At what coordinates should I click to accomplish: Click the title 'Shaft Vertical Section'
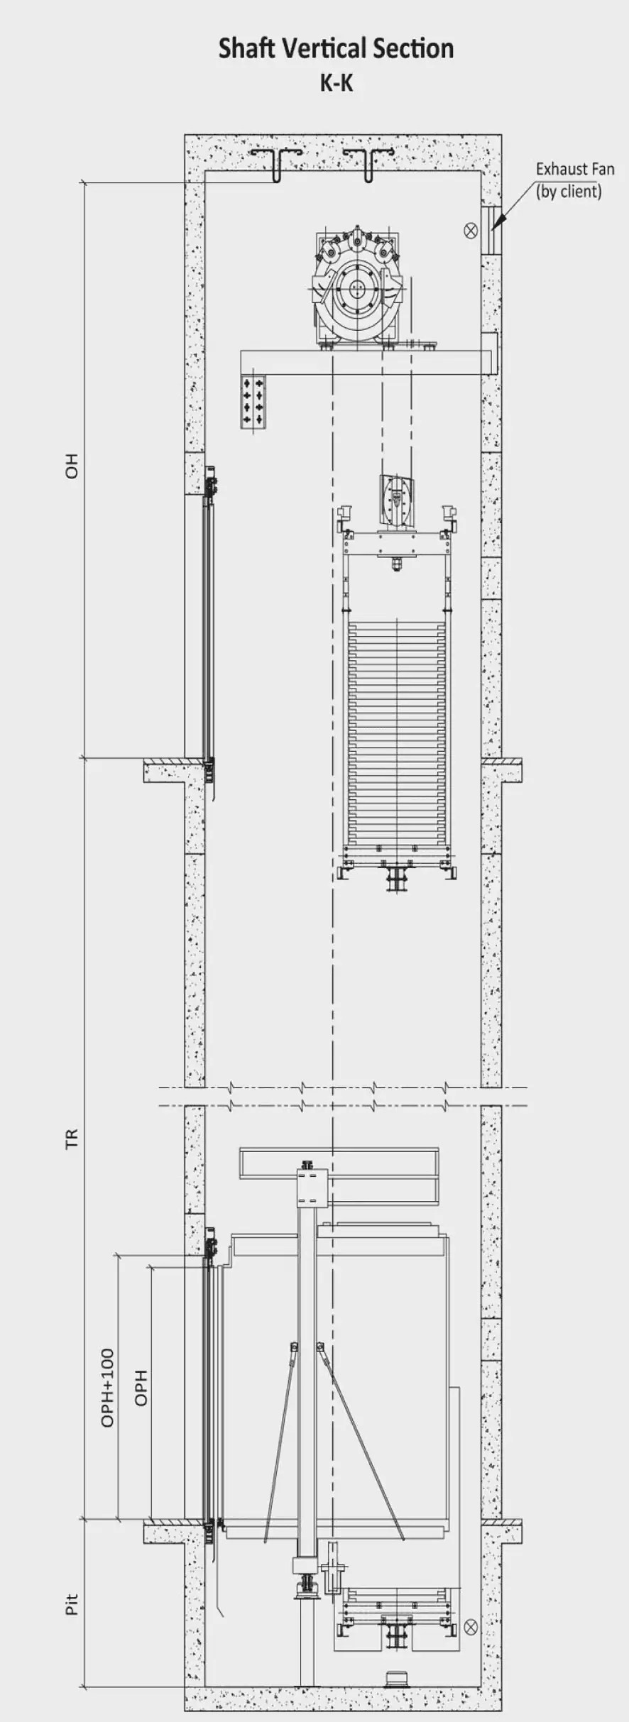336,49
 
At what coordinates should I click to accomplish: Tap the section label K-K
336,83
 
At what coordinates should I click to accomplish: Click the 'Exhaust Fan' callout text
574,170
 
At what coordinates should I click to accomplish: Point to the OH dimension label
72,466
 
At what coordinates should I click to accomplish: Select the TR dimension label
72,1138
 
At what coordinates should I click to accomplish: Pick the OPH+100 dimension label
108,1387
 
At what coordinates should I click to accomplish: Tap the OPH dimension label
141,1387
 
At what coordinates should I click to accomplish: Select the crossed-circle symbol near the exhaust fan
470,230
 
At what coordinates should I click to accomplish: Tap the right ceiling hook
368,164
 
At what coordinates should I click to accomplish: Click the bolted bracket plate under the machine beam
253,401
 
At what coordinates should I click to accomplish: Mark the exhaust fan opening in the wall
491,229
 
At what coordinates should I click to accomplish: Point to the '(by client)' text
569,192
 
